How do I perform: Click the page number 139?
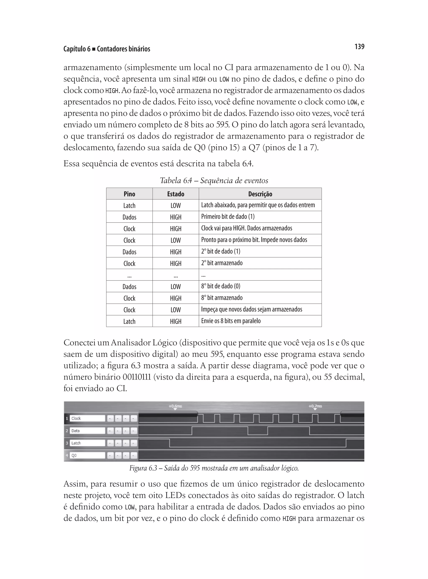[x=359, y=47]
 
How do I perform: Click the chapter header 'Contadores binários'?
[x=124, y=49]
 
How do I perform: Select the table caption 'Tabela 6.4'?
[x=214, y=181]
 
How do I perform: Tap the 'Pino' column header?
[x=129, y=194]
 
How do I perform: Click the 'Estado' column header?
[x=176, y=194]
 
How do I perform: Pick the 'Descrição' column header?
[x=260, y=194]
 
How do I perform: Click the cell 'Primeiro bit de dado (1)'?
[x=228, y=217]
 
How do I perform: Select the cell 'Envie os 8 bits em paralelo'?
[x=231, y=321]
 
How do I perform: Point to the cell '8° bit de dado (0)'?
[x=221, y=286]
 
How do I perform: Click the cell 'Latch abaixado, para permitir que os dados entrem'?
[x=258, y=205]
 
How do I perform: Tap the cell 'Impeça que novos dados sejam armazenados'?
[x=252, y=309]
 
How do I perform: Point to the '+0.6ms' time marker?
[x=175, y=406]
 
